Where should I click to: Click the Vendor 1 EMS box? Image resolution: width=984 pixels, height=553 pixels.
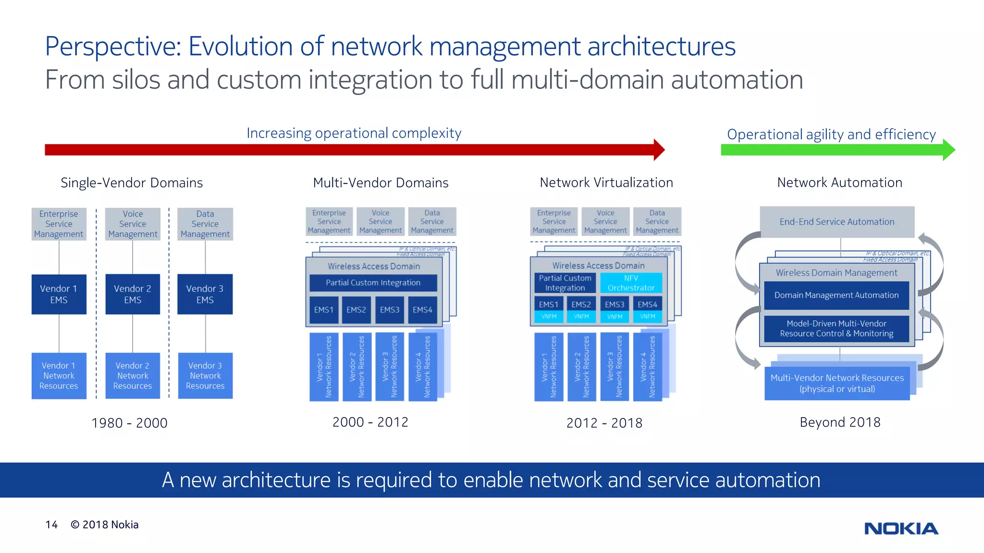point(59,294)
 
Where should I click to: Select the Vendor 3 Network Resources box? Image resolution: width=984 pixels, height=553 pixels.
point(205,375)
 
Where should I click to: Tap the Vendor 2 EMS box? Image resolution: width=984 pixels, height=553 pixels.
point(133,294)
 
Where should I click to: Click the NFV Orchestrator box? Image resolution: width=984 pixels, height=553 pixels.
point(631,283)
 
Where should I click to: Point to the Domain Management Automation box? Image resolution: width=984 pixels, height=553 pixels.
point(836,295)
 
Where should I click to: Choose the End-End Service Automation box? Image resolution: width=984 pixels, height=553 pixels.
point(836,222)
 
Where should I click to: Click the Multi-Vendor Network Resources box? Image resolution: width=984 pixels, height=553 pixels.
point(837,383)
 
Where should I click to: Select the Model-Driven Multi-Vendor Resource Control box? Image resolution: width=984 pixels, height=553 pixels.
point(836,329)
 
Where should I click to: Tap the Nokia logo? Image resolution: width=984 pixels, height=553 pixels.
point(901,529)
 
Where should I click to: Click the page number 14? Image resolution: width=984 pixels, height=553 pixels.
point(51,525)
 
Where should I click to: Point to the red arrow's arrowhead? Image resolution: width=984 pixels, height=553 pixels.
point(659,150)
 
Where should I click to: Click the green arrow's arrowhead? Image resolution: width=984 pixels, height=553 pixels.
point(948,150)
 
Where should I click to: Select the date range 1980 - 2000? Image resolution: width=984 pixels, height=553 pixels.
point(129,423)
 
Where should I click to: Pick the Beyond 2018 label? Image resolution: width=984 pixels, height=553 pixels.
point(840,422)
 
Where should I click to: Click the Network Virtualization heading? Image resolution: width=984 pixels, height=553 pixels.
point(606,182)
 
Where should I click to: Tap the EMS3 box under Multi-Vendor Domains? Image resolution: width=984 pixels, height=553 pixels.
point(389,310)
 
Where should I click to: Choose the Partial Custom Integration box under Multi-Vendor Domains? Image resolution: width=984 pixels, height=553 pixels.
point(373,283)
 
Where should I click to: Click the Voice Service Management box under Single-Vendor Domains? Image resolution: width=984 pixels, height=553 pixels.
point(133,224)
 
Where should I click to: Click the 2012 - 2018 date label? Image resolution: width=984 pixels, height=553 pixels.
point(604,423)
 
